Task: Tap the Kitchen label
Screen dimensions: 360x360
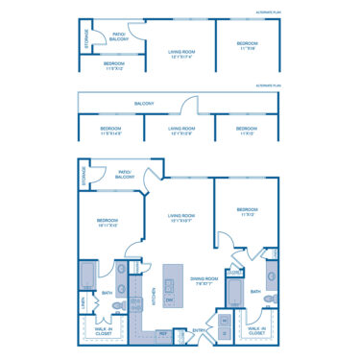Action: (154, 297)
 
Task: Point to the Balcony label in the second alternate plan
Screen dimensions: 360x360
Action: (145, 103)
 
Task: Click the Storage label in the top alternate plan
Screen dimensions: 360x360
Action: (86, 42)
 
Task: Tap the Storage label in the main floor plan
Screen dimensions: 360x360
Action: (84, 177)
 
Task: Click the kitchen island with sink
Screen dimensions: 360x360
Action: (174, 285)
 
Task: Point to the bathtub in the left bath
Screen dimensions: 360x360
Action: (87, 277)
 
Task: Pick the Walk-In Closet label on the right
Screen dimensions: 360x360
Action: (255, 332)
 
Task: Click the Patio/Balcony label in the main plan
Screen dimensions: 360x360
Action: (124, 175)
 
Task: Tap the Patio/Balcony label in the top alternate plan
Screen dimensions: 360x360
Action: (120, 36)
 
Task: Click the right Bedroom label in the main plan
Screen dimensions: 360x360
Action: (248, 212)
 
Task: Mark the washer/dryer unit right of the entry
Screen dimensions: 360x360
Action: (225, 326)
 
